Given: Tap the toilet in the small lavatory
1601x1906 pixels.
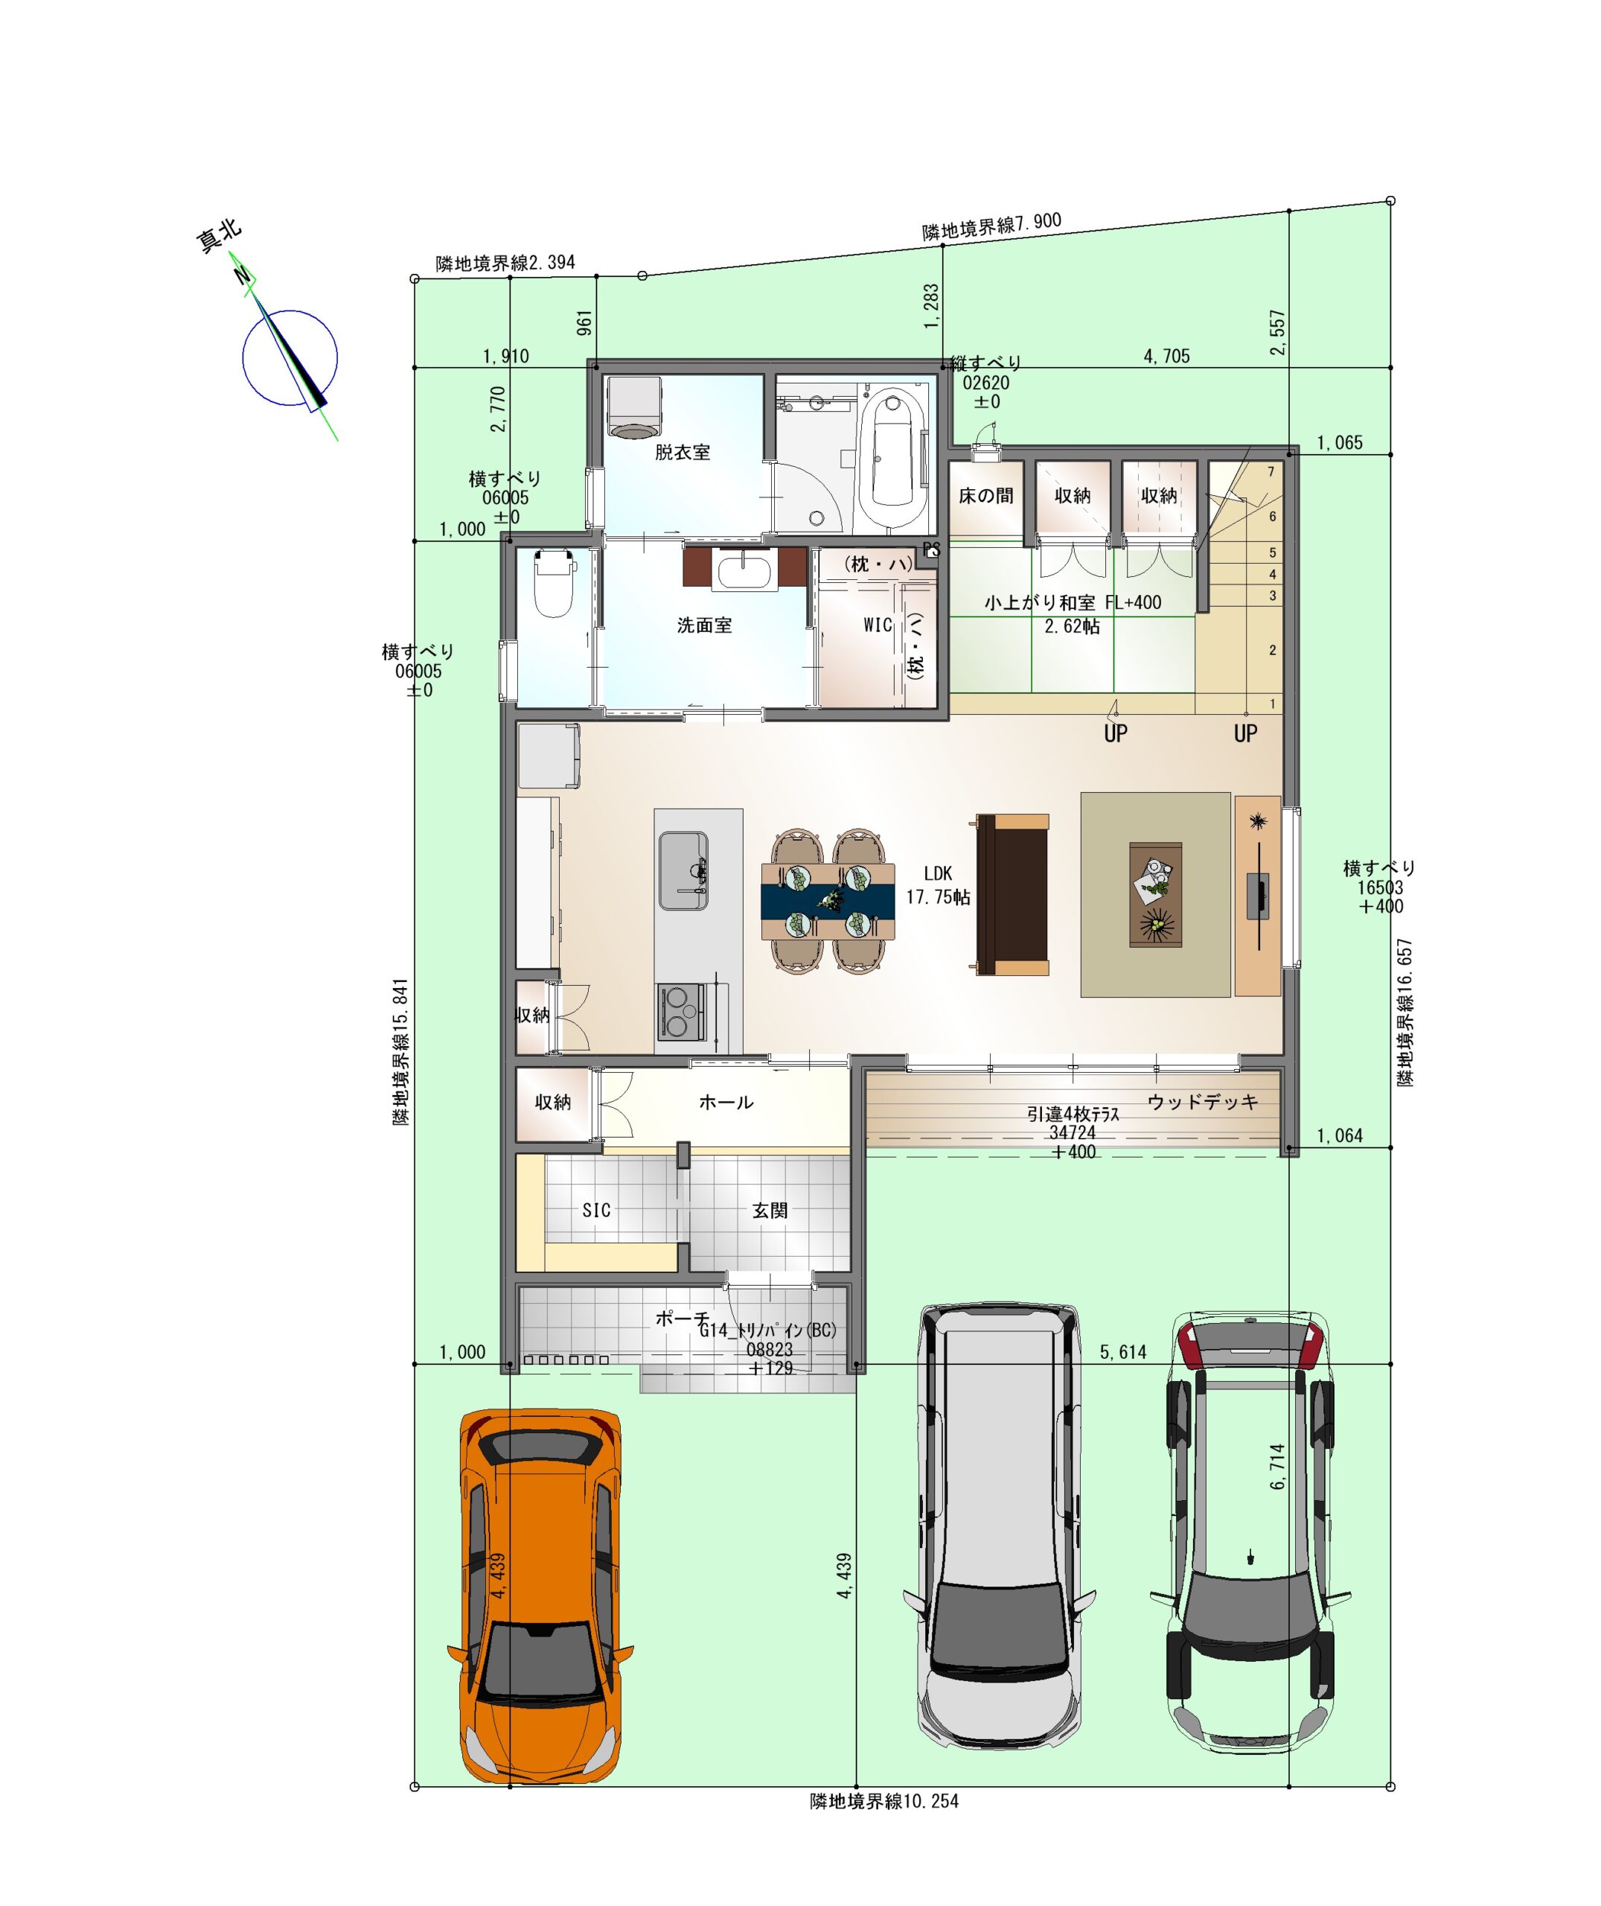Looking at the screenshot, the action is click(x=555, y=584).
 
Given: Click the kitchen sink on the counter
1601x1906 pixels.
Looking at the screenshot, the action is click(x=683, y=870).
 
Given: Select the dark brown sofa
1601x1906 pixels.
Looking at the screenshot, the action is click(x=1012, y=895).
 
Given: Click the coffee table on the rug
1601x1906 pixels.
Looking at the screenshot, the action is click(x=1155, y=895).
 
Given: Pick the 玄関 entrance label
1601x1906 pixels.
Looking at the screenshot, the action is click(x=770, y=1210).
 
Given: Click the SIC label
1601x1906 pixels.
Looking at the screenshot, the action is click(x=596, y=1210).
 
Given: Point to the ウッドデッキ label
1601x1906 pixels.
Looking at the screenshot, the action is click(x=1203, y=1102).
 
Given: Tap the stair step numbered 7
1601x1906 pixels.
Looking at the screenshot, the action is click(x=1271, y=472).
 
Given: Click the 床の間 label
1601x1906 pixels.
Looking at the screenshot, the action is click(x=985, y=496).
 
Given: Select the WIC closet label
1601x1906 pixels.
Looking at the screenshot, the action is click(x=878, y=625).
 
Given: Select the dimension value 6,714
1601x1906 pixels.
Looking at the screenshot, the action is click(x=1278, y=1467).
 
